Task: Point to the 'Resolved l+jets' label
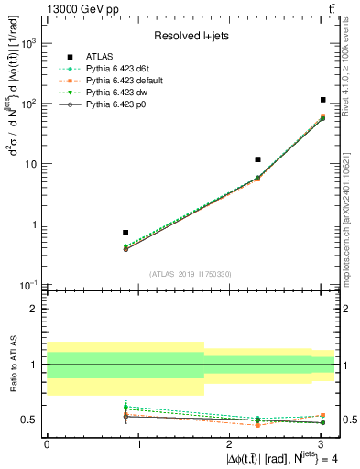[191, 37]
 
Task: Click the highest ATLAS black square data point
[322, 100]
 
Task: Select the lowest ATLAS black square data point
[125, 233]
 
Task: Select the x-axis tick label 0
[47, 443]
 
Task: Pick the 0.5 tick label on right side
[349, 420]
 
